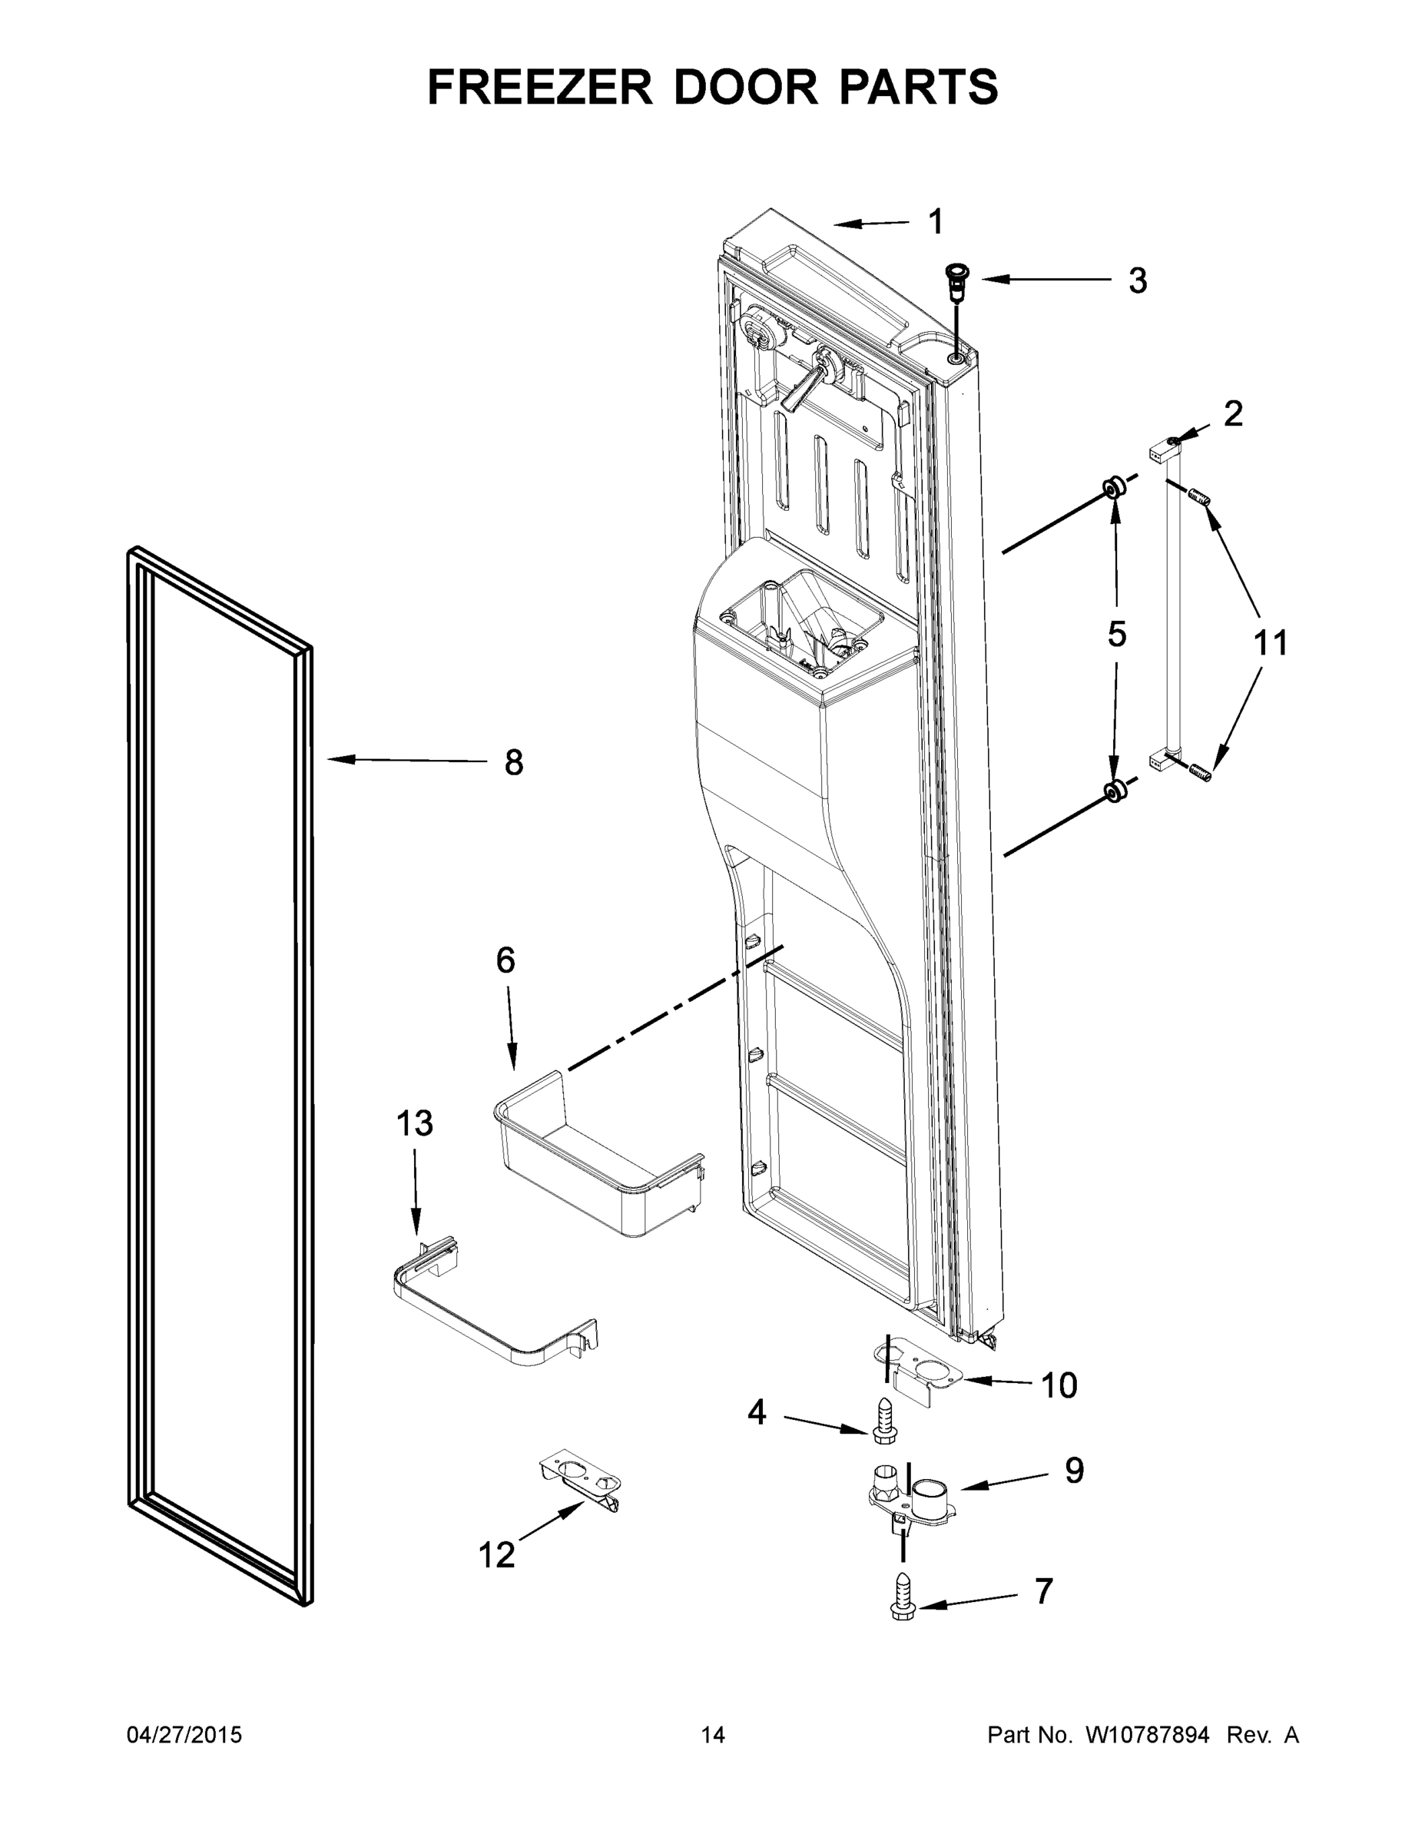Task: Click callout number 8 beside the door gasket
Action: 513,762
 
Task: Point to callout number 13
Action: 415,1124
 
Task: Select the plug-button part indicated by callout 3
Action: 957,283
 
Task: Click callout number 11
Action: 1270,643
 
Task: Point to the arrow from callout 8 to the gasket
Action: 405,761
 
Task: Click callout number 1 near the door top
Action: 935,222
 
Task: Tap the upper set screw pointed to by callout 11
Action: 1198,498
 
